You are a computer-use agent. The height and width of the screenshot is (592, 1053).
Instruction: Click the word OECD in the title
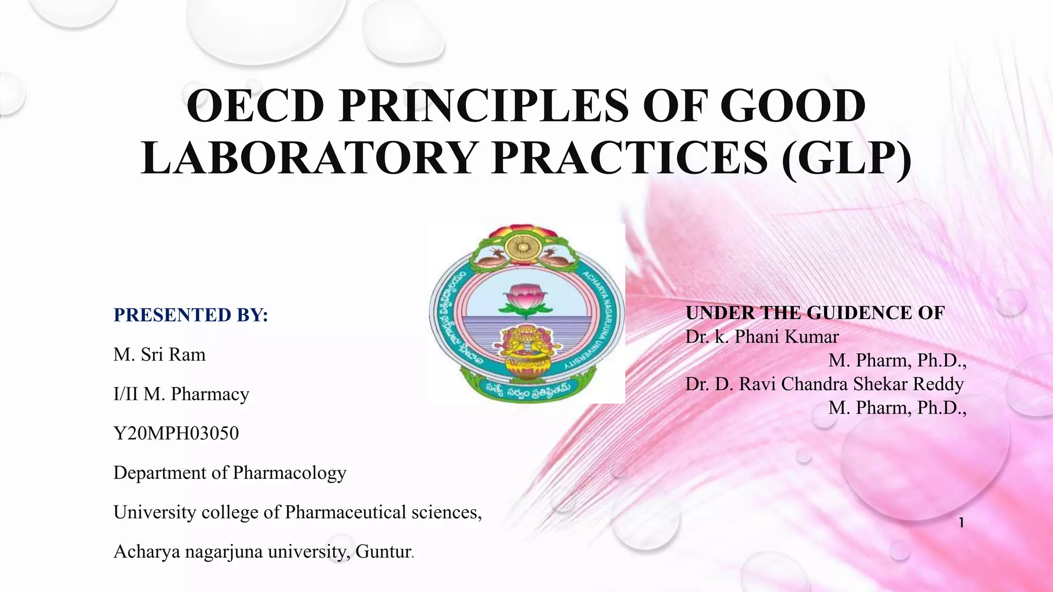click(x=255, y=106)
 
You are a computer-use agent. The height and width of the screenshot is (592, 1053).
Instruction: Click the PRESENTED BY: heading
click(x=191, y=315)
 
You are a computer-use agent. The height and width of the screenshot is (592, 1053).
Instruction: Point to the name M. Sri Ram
click(x=159, y=355)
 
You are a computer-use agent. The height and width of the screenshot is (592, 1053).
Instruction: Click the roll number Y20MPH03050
click(x=176, y=433)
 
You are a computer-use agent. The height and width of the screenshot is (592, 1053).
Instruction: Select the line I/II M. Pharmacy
click(x=181, y=394)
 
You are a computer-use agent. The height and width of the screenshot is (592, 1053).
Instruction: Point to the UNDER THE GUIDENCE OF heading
click(x=815, y=313)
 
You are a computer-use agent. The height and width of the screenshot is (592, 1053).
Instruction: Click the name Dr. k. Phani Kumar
click(x=761, y=337)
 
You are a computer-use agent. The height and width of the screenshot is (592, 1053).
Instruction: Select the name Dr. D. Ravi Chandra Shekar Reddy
click(x=824, y=384)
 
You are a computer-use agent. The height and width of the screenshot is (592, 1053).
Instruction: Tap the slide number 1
click(x=961, y=523)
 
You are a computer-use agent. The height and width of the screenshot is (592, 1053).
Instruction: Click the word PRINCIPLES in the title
click(x=483, y=106)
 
